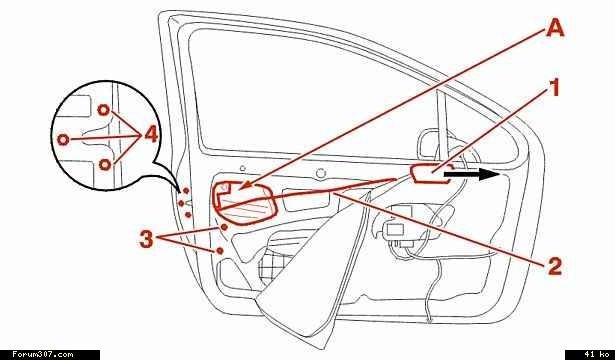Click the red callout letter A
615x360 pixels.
click(x=555, y=28)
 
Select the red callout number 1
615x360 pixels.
click(x=553, y=87)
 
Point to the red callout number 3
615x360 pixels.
click(x=146, y=239)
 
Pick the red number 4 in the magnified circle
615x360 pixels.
click(x=151, y=135)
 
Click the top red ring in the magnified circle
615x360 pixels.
click(x=103, y=110)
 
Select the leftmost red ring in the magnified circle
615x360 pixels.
click(x=63, y=139)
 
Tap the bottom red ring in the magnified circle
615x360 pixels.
click(x=104, y=164)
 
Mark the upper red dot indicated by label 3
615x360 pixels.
click(x=224, y=227)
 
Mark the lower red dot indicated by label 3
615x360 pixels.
click(x=220, y=251)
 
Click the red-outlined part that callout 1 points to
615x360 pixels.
click(x=429, y=174)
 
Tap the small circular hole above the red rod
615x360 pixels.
click(x=321, y=173)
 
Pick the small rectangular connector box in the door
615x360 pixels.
click(x=395, y=230)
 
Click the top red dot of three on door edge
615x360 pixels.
click(x=186, y=191)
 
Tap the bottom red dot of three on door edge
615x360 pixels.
click(x=188, y=215)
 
